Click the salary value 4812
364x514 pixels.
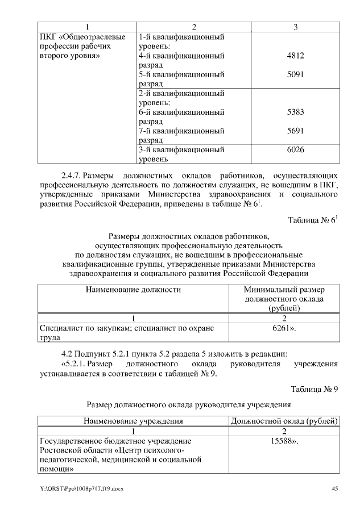tap(295, 56)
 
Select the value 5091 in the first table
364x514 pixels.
tap(295, 74)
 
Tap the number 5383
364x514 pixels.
tap(295, 112)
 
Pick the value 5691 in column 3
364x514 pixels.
tap(295, 131)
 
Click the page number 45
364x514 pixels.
tap(335, 488)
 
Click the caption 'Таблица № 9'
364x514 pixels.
tap(315, 390)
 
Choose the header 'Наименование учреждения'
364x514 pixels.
tap(133, 421)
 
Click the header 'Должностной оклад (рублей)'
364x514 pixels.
tap(284, 421)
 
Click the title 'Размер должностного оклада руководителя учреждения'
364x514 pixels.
tap(188, 405)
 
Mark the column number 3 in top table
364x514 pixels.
tap(295, 27)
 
